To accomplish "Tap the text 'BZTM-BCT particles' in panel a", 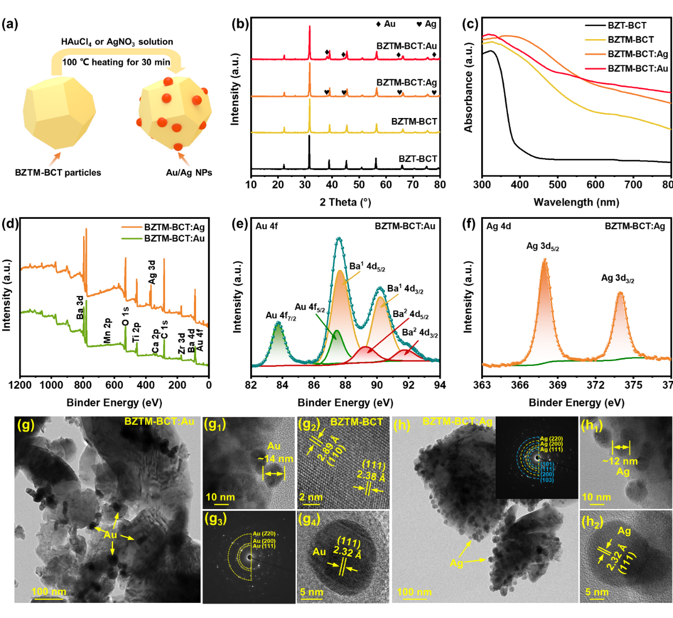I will pos(58,172).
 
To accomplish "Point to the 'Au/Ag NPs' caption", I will pos(189,172).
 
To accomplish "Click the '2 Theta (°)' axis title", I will pos(345,202).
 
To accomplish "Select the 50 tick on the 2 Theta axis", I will pos(359,185).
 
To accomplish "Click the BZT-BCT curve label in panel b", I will pos(417,159).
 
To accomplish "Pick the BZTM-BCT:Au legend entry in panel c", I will pos(638,68).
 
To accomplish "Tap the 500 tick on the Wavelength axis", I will pos(558,185).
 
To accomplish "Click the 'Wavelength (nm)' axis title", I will pos(576,202).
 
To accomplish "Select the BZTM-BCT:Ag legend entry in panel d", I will pos(174,227).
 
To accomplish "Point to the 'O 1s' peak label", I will pos(125,316).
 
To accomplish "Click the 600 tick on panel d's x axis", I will pos(114,385).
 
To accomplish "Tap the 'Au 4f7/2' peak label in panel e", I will pos(280,316).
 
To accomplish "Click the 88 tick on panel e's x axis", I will pos(345,385).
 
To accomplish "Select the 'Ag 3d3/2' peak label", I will pos(617,278).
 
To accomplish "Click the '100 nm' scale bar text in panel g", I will pos(49,592).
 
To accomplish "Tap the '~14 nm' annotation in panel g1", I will pos(275,459).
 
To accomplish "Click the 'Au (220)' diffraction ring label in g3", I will pos(264,533).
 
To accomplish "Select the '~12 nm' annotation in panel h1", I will pos(620,461).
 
